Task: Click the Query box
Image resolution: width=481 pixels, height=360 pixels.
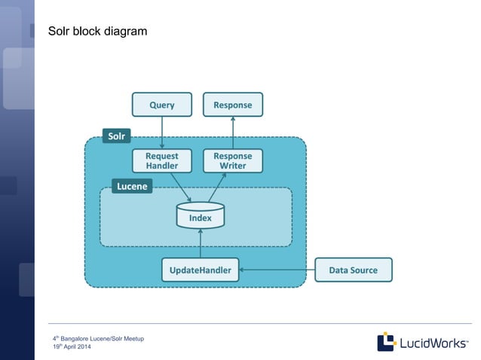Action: tap(161, 105)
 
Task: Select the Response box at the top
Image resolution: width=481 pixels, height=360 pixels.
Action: tap(233, 105)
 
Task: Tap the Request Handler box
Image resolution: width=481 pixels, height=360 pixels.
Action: tap(161, 160)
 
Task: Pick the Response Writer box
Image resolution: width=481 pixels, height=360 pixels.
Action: tap(233, 160)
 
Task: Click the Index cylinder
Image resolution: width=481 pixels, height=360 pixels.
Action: tap(200, 216)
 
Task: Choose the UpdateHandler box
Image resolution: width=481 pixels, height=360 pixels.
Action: tap(200, 270)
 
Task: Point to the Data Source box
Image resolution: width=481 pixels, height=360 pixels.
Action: tap(353, 270)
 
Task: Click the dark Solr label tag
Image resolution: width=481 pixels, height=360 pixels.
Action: tap(116, 136)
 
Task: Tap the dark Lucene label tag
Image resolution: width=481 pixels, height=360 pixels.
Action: tap(133, 185)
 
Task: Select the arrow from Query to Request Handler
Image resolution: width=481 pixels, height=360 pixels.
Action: tap(161, 133)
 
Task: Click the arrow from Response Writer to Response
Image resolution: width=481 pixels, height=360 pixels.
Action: tap(233, 133)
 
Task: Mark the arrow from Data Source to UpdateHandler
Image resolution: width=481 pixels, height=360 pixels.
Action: tap(276, 270)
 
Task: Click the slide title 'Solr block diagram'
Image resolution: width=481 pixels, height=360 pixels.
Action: tap(97, 32)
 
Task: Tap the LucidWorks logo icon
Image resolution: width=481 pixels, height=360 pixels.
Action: tap(387, 341)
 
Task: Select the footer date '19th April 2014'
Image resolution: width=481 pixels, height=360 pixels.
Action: tap(72, 346)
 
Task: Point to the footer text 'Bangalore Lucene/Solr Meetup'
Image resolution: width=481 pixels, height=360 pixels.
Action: tap(102, 339)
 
